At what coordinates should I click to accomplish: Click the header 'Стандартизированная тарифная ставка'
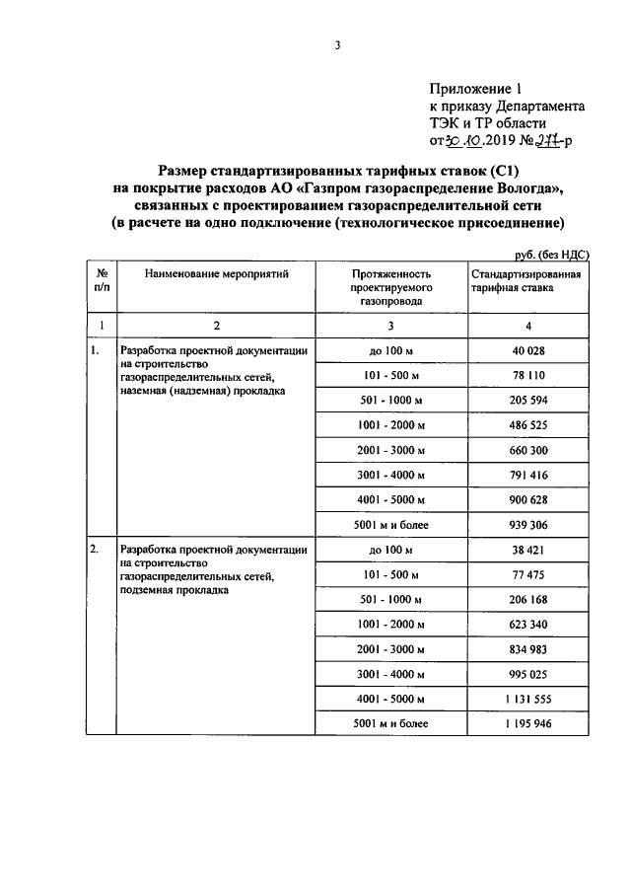pos(524,279)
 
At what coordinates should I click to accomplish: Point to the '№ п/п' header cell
pos(101,279)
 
